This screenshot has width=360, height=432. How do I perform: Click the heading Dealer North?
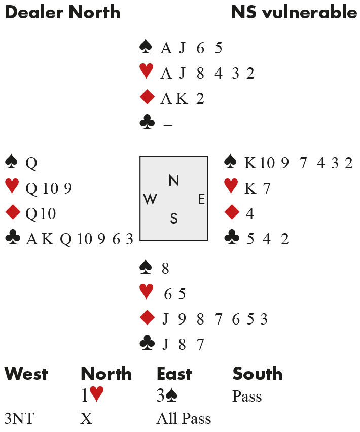62,13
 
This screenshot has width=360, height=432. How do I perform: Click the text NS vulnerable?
294,13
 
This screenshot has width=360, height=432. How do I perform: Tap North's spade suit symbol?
146,48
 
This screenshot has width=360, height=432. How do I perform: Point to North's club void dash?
167,124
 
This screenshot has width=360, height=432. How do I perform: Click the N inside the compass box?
174,180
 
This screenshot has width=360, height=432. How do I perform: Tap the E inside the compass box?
201,200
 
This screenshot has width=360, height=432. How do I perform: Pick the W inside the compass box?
150,200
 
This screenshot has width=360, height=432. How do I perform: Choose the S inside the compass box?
174,219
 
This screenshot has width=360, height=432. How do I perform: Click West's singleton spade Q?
31,163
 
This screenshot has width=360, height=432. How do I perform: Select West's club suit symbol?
11,239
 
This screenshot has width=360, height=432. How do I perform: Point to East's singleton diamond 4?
249,213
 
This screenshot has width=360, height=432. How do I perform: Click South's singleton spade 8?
165,268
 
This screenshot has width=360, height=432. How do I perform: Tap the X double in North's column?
85,419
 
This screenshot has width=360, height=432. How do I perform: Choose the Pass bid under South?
247,396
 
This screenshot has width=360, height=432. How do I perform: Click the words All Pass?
184,419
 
